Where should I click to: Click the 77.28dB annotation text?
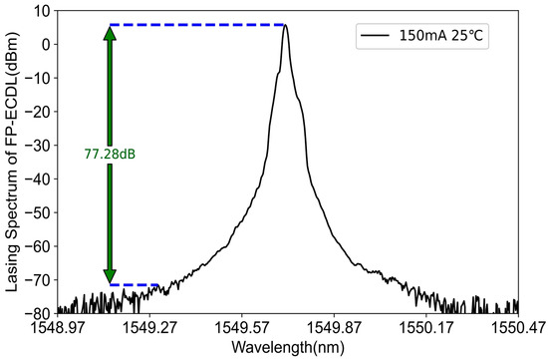tap(110, 156)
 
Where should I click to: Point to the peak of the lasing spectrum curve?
tap(285, 26)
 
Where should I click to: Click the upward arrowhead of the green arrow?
tap(110, 34)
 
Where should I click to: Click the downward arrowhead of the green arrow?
tap(110, 275)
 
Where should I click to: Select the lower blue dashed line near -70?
tap(135, 285)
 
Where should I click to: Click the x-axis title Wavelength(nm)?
tap(288, 346)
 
